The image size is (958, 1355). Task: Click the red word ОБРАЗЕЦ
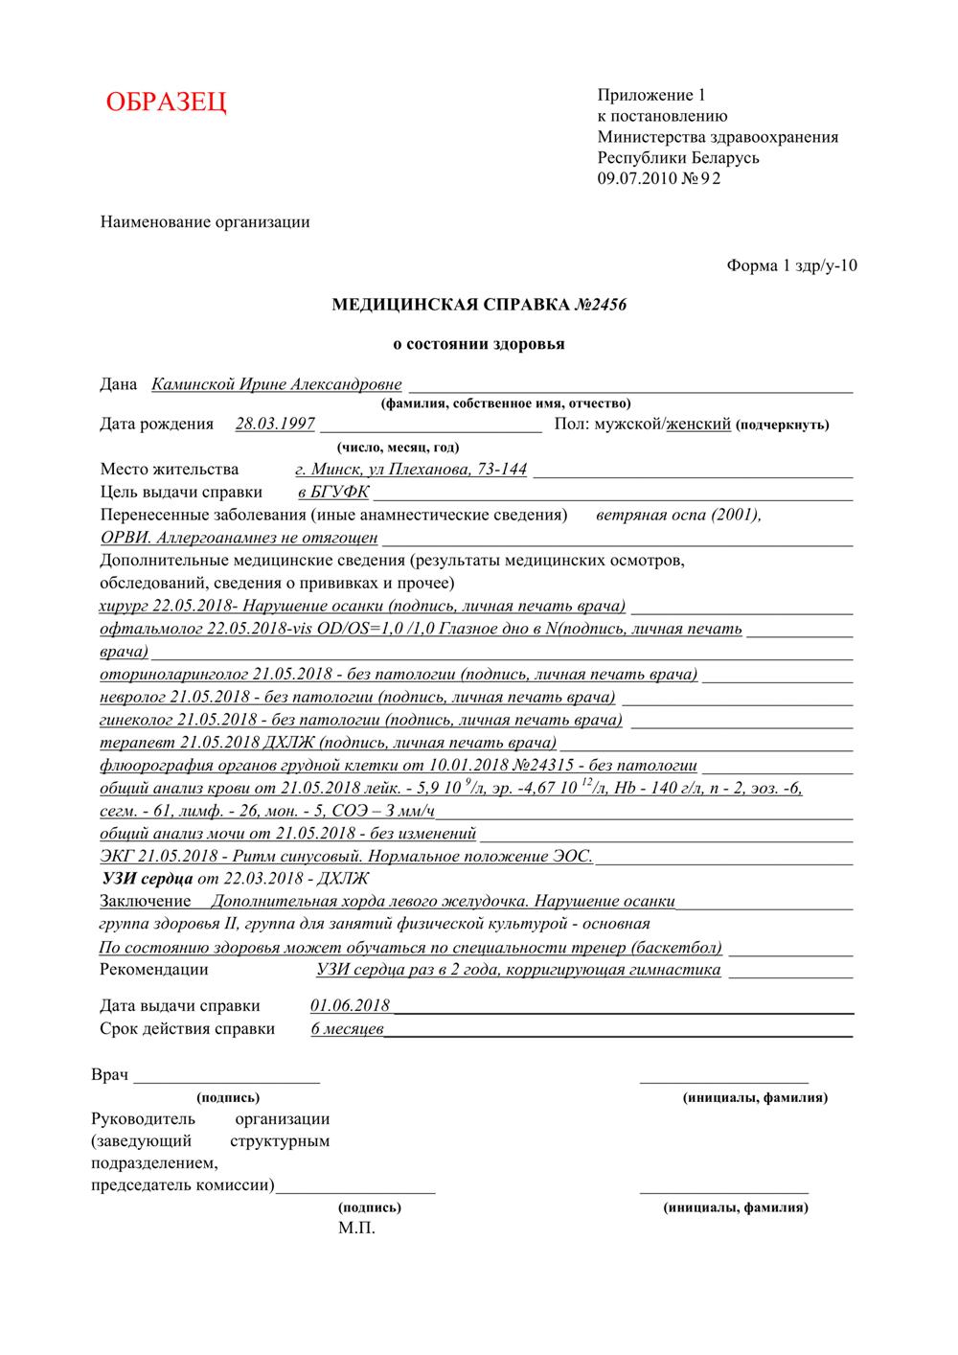point(167,102)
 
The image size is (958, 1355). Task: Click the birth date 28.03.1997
point(275,424)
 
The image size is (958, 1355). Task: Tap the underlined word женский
point(699,424)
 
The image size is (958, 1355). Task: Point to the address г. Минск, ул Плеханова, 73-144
point(411,470)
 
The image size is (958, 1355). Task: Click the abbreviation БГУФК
point(340,493)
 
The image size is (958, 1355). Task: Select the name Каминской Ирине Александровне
point(277,384)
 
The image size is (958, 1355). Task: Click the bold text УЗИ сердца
point(147,879)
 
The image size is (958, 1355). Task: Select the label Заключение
point(145,902)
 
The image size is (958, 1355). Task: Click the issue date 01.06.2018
point(351,1005)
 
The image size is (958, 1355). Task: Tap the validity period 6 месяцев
point(348,1029)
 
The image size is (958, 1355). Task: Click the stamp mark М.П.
point(356,1229)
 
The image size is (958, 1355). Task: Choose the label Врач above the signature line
point(110,1075)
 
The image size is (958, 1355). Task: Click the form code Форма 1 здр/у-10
point(792,265)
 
